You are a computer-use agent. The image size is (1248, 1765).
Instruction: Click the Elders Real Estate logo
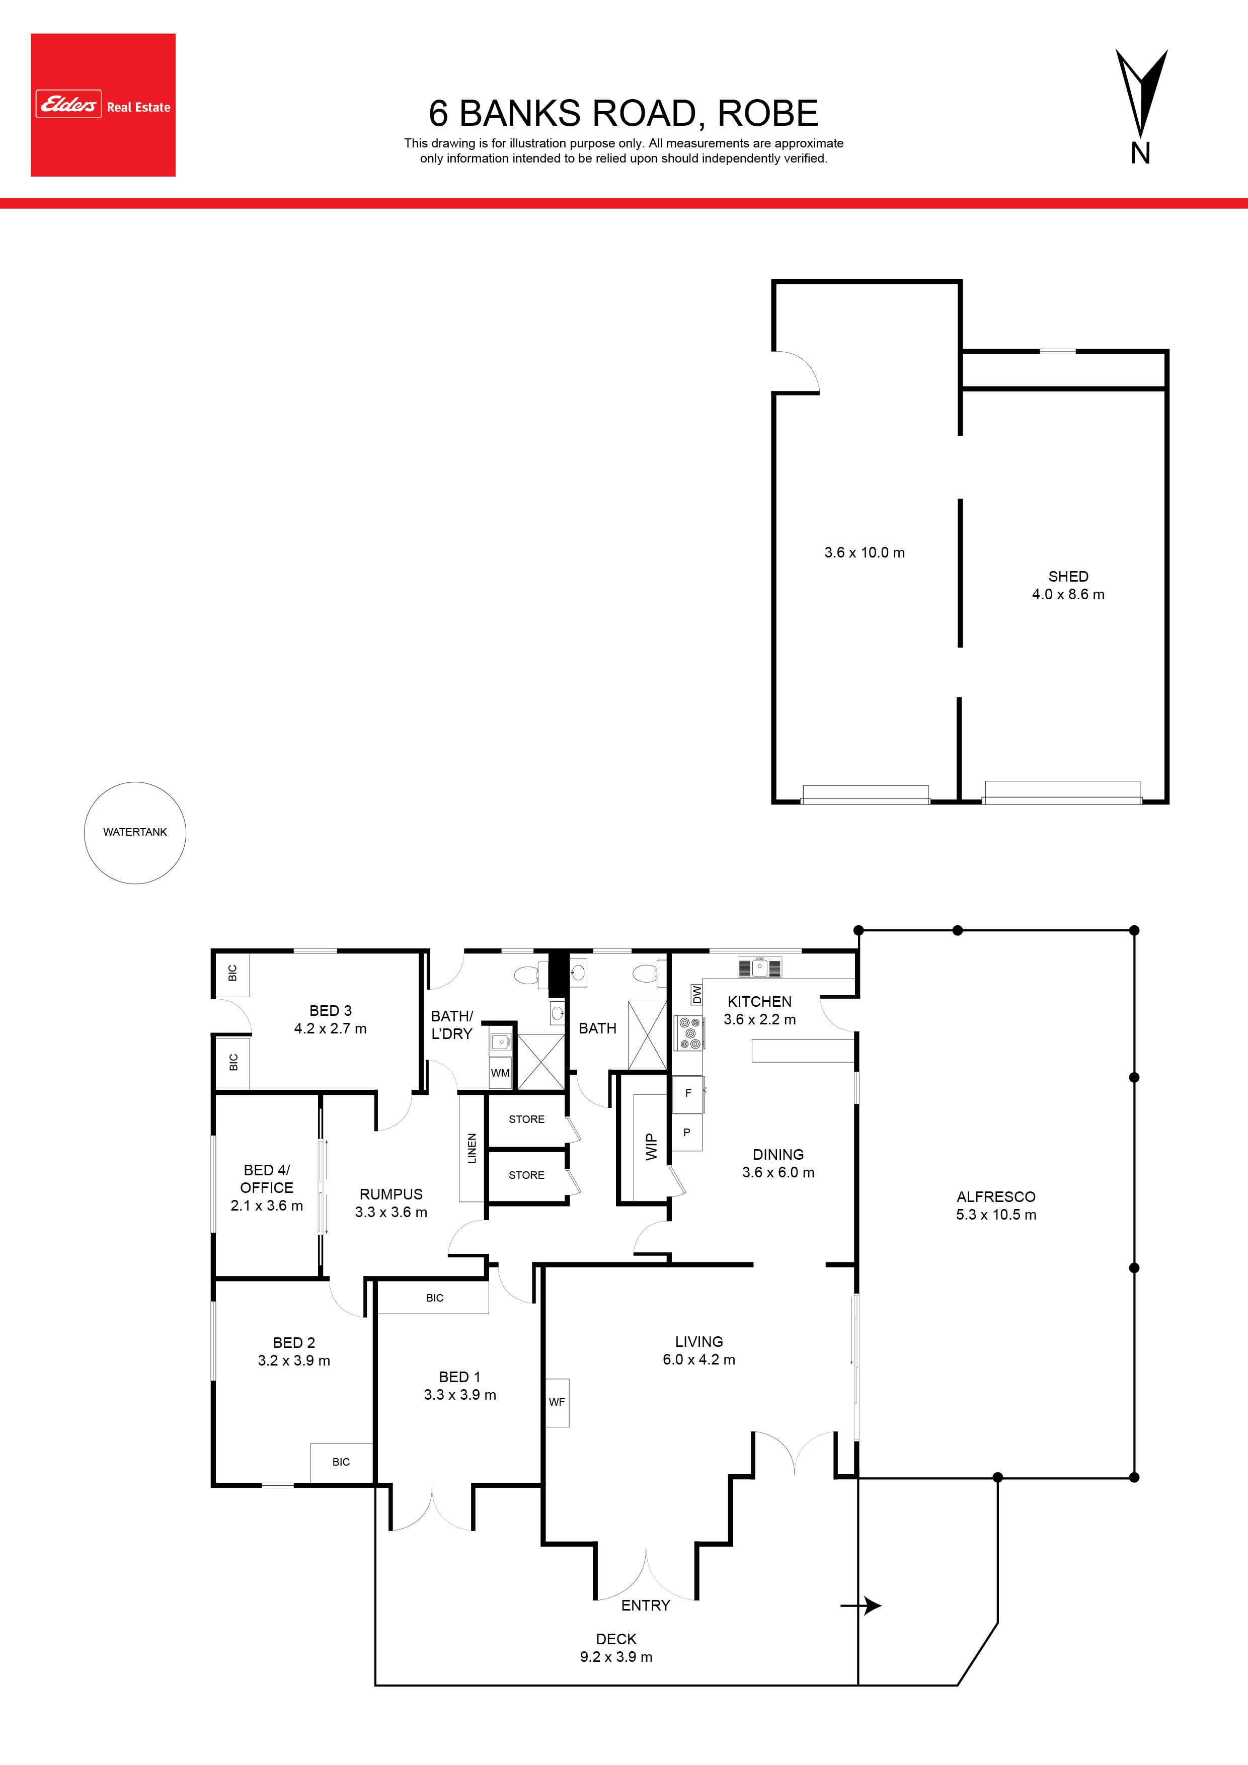[x=103, y=105]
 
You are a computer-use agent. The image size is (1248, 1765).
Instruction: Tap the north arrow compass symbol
[x=1141, y=106]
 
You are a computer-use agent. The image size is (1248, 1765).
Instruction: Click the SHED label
[x=1068, y=576]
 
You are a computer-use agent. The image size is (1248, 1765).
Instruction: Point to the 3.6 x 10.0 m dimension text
[x=865, y=552]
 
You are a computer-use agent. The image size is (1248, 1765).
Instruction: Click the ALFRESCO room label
[x=996, y=1196]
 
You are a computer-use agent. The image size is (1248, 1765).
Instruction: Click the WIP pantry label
[x=651, y=1147]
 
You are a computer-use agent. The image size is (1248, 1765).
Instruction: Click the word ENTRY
[x=646, y=1605]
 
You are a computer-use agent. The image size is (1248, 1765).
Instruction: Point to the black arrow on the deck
[x=861, y=1605]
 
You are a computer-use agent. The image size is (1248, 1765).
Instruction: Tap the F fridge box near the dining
[x=688, y=1093]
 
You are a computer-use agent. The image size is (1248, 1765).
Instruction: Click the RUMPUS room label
[x=392, y=1194]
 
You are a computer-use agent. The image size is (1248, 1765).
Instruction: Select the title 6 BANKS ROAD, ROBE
[x=623, y=113]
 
